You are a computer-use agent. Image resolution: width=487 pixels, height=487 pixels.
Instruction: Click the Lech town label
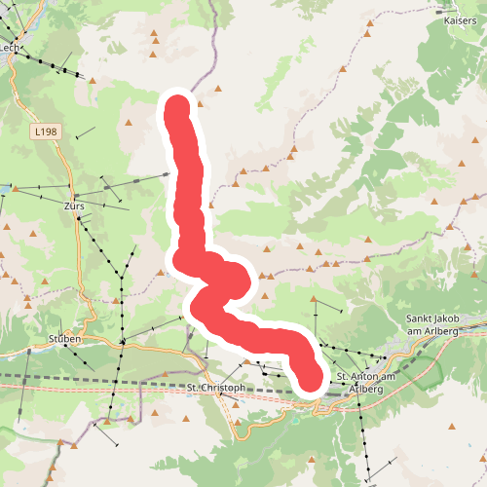(x=10, y=47)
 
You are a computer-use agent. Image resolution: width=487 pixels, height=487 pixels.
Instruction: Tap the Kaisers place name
(x=460, y=19)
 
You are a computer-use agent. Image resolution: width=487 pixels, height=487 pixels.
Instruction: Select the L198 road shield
(x=44, y=131)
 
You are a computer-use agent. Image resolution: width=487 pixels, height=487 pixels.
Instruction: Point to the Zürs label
(x=74, y=207)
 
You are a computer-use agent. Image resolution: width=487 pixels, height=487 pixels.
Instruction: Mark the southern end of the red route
(x=310, y=381)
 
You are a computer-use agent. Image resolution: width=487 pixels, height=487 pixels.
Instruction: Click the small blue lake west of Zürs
(x=4, y=189)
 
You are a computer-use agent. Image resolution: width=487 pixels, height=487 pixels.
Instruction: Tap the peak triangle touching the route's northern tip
(x=200, y=102)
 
